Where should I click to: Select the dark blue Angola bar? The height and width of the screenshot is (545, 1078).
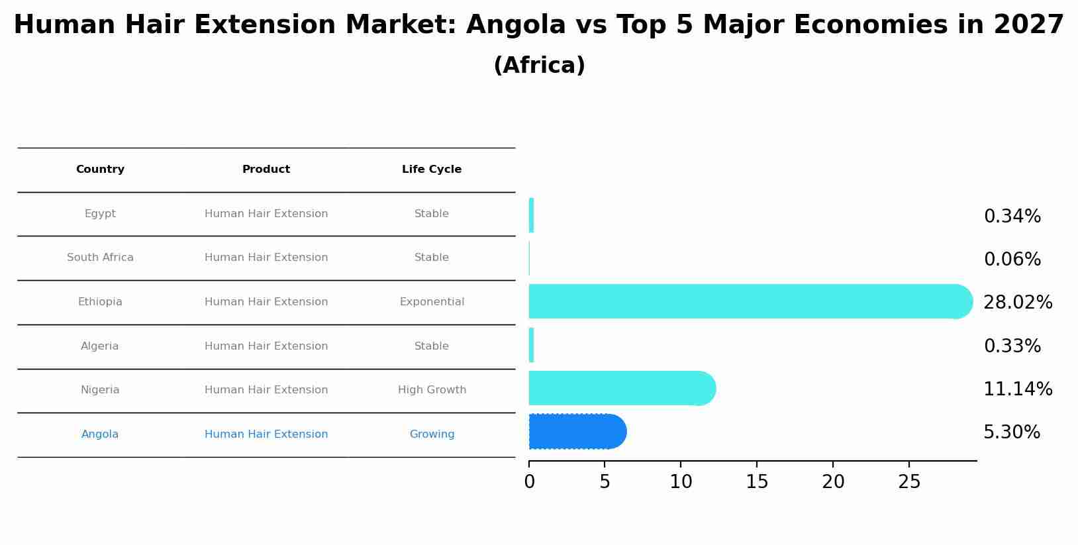point(576,432)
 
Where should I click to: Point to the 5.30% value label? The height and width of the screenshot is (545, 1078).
point(1011,432)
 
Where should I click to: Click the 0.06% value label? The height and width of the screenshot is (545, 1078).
point(1012,260)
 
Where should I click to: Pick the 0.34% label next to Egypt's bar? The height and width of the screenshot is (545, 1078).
point(1012,217)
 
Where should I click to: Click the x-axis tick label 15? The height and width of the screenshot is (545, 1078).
point(757,482)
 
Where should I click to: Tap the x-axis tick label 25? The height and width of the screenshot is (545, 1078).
point(909,482)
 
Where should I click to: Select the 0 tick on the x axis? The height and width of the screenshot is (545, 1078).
point(529,482)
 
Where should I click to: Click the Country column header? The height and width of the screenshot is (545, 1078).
point(100,170)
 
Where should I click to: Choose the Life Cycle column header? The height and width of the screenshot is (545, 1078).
point(432,170)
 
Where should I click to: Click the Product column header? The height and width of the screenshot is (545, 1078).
point(266,170)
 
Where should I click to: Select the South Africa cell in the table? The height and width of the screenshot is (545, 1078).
point(100,258)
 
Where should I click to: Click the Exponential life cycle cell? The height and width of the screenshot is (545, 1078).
point(432,302)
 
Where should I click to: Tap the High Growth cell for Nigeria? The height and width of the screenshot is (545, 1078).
point(432,390)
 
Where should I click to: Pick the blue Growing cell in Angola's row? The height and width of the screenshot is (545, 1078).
point(432,434)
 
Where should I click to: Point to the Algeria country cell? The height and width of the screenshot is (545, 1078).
point(100,346)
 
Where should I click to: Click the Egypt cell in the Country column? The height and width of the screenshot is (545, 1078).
point(100,214)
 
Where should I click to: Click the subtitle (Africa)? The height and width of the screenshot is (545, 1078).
point(539,66)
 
